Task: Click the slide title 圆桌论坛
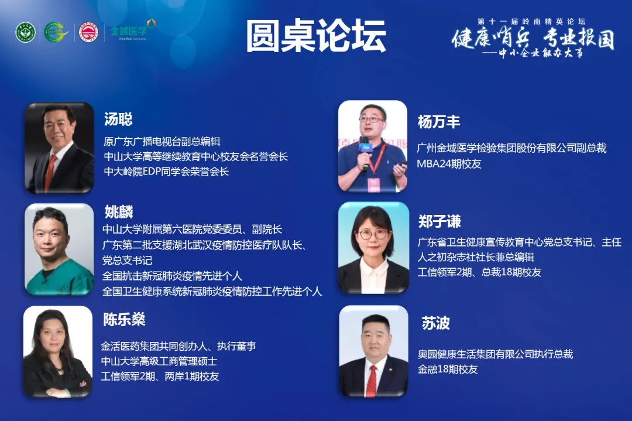click(316, 36)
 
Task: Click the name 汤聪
click(118, 119)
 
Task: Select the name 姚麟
click(119, 212)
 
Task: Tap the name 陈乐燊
click(124, 319)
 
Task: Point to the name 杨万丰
click(439, 122)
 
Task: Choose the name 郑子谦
click(439, 221)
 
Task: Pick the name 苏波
click(436, 323)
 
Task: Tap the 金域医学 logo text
click(129, 31)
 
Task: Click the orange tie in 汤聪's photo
click(50, 173)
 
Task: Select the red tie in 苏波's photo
click(372, 381)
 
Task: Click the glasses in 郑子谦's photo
click(373, 234)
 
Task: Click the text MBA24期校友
click(449, 164)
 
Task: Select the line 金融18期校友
click(448, 369)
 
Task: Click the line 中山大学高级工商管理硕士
click(159, 361)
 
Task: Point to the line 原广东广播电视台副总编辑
click(162, 142)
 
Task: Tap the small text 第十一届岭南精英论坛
click(531, 22)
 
